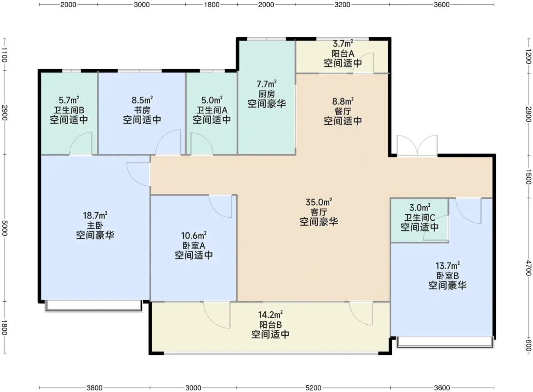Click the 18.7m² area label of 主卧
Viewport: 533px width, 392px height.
(x=95, y=215)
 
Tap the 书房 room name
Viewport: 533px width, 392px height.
(x=142, y=110)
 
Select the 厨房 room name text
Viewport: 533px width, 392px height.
(x=266, y=94)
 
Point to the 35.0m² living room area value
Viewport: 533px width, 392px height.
(x=319, y=202)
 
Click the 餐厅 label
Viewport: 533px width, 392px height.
(x=343, y=111)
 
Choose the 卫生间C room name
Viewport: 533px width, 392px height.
(x=420, y=217)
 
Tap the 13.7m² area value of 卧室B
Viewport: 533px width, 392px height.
(x=448, y=266)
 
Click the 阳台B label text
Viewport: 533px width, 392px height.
(x=271, y=325)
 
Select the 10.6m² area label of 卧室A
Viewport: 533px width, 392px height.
(x=194, y=236)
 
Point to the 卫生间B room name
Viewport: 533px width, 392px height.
(x=69, y=110)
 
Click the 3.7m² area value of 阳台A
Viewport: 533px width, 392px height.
(x=343, y=43)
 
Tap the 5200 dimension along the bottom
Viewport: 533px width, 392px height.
(x=313, y=388)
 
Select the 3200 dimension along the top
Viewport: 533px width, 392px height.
(x=342, y=5)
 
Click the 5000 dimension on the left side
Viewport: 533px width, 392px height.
(x=5, y=228)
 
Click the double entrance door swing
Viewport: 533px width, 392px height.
(x=417, y=145)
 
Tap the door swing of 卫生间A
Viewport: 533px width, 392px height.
(x=201, y=143)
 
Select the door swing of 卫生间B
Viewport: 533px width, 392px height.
(x=81, y=143)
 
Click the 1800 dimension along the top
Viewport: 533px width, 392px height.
(x=212, y=5)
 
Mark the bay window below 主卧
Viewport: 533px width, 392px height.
(x=94, y=306)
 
